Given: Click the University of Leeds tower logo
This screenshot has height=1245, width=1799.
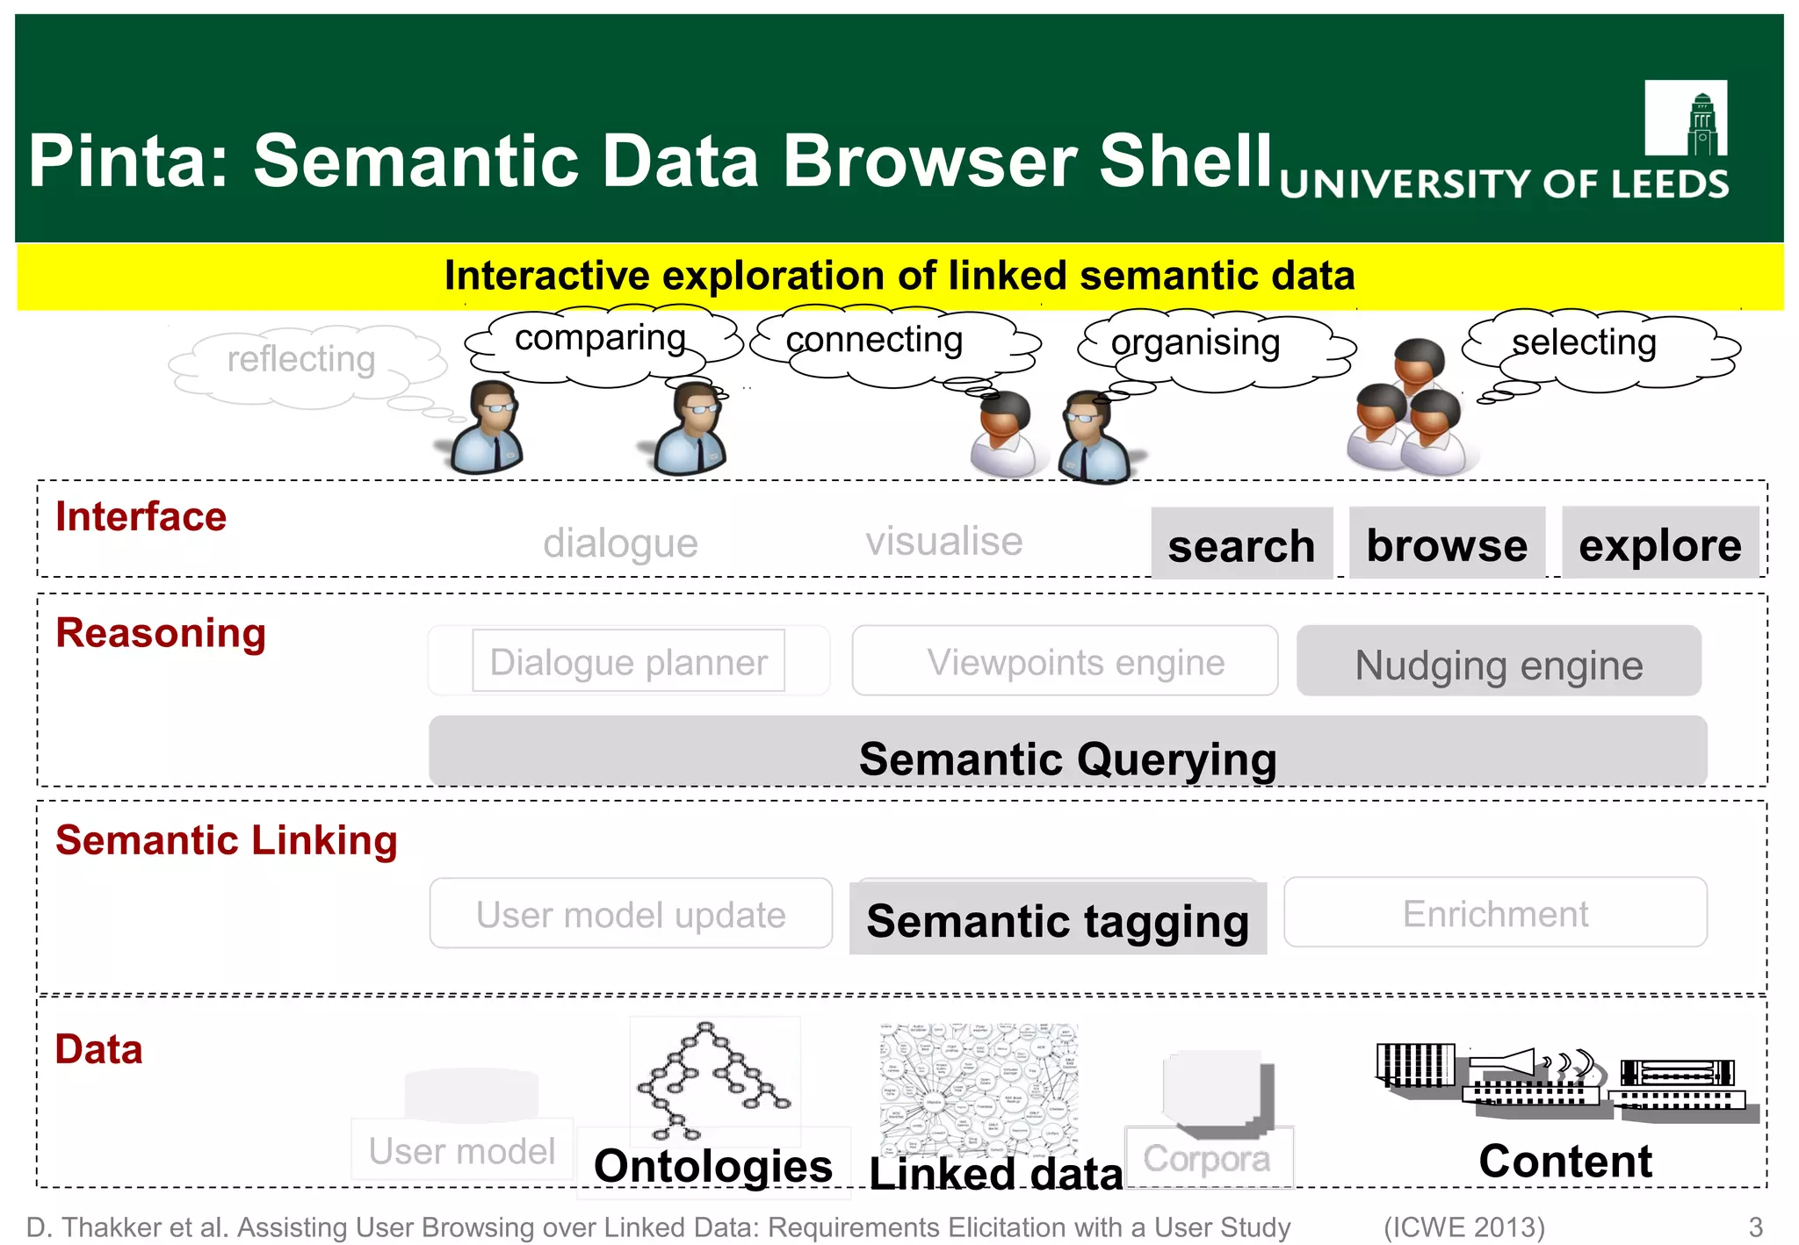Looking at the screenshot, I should pos(1686,119).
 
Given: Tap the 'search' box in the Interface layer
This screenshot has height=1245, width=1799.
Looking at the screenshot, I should pos(1241,544).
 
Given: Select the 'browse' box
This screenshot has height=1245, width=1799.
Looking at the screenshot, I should pos(1447,543).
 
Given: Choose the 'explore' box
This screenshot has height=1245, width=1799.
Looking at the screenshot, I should pos(1659,543).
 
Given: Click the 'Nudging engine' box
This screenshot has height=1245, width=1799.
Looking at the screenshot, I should pos(1499,662).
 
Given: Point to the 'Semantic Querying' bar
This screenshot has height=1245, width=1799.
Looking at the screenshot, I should pos(1067,752).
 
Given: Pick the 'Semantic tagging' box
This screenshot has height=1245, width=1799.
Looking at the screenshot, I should pos(1058,918).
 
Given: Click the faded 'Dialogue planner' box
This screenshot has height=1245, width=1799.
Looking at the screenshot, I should pos(628,661).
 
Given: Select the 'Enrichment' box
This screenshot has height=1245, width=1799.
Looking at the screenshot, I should pos(1495,913).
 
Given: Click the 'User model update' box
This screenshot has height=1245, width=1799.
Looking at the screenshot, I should pos(631,914).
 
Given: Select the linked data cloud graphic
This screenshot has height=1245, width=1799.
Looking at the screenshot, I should pos(979,1088).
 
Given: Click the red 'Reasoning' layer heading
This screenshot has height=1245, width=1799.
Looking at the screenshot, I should pos(161,633).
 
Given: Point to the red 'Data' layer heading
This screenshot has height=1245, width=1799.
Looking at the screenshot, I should pos(98,1049).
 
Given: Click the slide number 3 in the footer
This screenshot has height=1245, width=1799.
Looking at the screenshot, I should pos(1755,1227).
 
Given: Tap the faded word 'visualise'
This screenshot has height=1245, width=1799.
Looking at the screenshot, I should pos(943,541).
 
